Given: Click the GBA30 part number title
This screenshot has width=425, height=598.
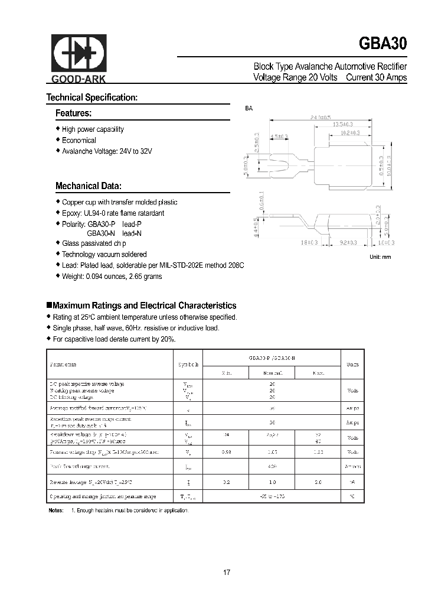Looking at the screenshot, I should [x=382, y=44].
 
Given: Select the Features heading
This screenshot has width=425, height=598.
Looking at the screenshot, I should [x=73, y=113].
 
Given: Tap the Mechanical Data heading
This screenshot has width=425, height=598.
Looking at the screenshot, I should [x=89, y=186].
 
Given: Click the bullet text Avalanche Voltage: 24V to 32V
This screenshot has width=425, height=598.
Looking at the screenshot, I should [x=107, y=151].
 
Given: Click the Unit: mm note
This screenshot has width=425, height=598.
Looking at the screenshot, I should [x=380, y=257].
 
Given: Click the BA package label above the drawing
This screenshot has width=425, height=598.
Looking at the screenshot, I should [x=249, y=109].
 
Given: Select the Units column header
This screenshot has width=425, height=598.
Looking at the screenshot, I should [x=352, y=364].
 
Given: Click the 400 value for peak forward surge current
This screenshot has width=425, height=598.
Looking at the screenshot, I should [x=272, y=466].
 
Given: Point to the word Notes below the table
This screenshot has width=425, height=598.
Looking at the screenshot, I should [x=55, y=510].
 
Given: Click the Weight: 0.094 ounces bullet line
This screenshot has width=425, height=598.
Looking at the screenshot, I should [x=112, y=277].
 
